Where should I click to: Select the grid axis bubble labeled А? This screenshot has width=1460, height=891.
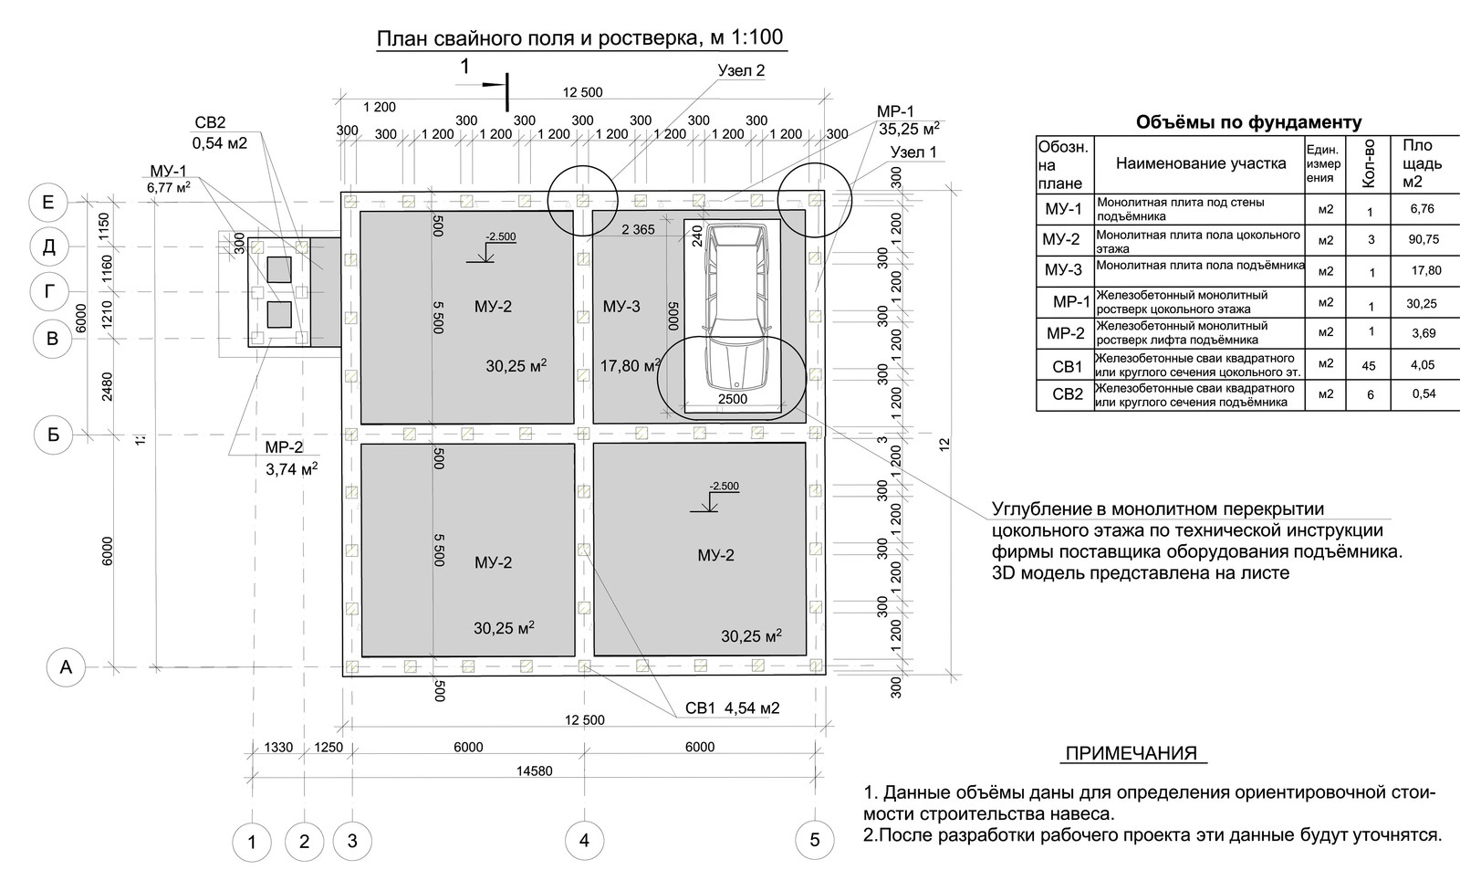coord(65,667)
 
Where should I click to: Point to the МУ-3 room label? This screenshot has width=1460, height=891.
coord(621,307)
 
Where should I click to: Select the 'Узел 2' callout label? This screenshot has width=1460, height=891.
coord(742,70)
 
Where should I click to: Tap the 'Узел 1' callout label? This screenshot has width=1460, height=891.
coord(913,152)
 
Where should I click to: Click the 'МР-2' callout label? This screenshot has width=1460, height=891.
coord(284,447)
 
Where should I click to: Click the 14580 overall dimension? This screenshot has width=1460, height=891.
coord(534,770)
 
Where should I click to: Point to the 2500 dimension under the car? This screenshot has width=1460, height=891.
coord(732,399)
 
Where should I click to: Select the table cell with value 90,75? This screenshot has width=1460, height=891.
coord(1422,239)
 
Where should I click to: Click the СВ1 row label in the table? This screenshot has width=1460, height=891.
coord(1066,366)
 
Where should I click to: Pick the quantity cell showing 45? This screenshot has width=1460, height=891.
coord(1369,366)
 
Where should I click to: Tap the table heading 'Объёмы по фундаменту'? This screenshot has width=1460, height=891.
coord(1247,122)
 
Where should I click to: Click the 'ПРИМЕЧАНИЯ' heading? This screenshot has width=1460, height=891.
coord(1131,754)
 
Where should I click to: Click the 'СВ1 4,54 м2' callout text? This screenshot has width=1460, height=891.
coord(732,708)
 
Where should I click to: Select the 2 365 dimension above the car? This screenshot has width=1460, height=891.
coord(638,230)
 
